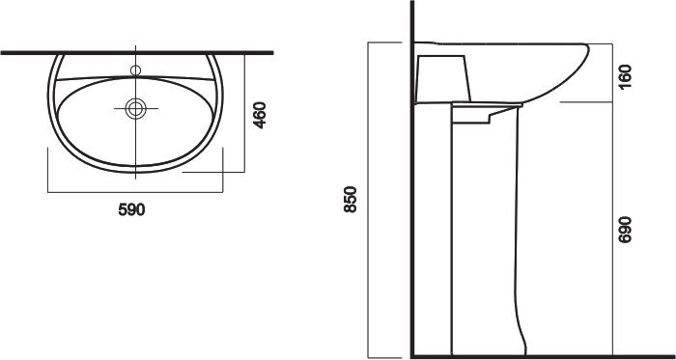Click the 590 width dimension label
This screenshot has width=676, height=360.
coord(131,209)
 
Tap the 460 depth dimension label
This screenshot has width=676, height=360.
coord(260,115)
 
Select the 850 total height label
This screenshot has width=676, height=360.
coord(351,199)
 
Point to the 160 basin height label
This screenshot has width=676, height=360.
coord(625,76)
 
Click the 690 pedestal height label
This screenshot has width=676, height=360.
coord(625,230)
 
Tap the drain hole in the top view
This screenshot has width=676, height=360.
coord(136,108)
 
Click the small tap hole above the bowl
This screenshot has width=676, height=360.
coord(136,70)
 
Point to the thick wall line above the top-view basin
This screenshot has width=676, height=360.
coord(137,52)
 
